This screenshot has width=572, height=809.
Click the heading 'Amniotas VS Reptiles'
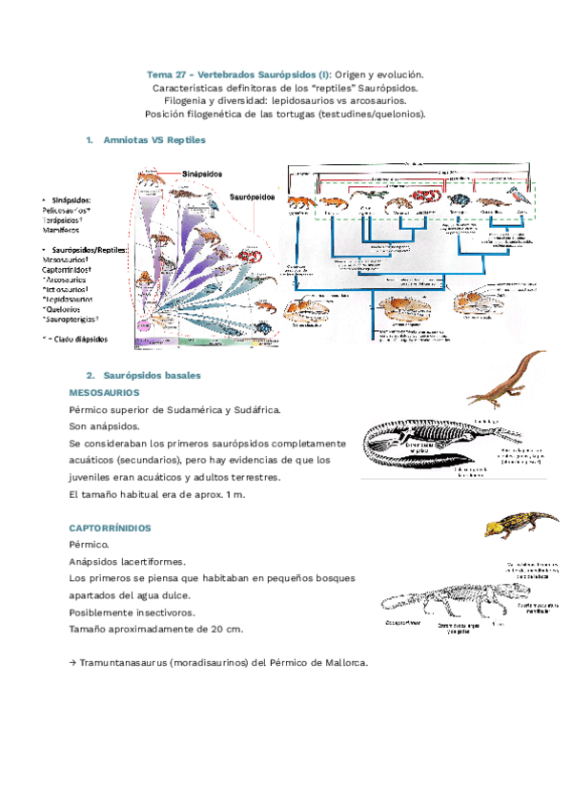[x=158, y=139]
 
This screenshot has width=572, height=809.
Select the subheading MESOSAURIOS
[x=105, y=392]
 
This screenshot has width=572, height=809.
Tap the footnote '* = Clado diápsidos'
[x=76, y=339]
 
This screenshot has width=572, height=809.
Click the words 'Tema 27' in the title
[x=165, y=74]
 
